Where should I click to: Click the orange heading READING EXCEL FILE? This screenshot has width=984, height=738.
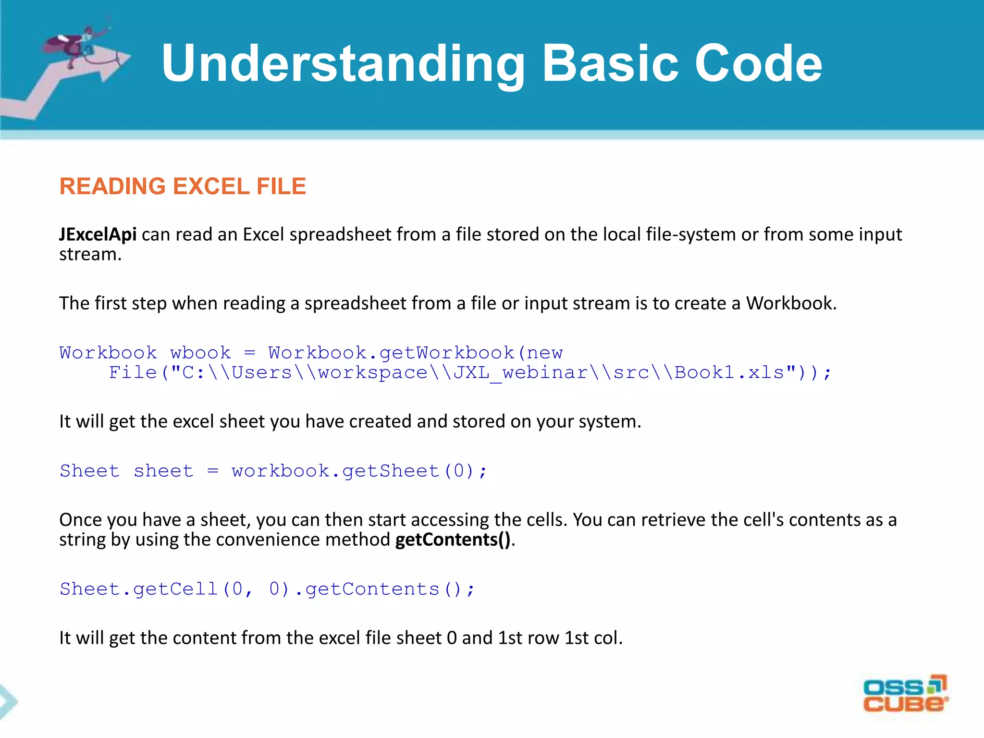point(183,186)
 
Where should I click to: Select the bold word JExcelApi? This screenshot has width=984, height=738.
point(98,234)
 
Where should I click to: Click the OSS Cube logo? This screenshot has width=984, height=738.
point(905,694)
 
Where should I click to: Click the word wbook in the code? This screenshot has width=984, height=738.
point(200,353)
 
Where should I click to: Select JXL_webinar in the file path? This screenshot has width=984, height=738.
point(520,373)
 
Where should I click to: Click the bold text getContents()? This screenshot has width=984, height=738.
point(453,540)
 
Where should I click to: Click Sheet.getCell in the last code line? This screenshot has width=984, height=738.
point(139,589)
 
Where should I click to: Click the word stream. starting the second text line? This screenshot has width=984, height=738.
point(90,255)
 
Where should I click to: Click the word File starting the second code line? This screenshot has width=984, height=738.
point(133,373)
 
